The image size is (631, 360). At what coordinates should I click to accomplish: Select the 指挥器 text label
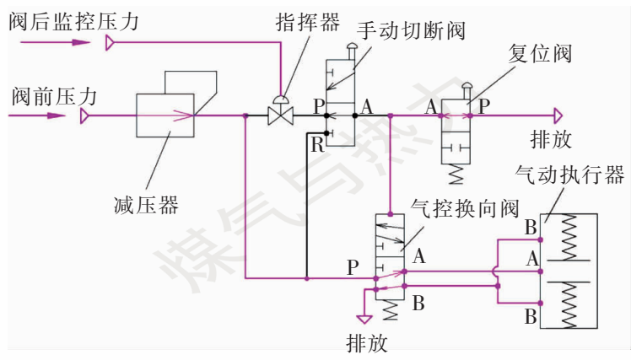click(x=299, y=21)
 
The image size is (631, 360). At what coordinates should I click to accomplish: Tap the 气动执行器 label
click(x=569, y=175)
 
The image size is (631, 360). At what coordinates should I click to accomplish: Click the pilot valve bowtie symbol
click(x=279, y=114)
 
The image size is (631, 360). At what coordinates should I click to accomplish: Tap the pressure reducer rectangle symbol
click(x=165, y=115)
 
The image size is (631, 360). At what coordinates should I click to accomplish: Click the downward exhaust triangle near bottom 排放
click(x=364, y=320)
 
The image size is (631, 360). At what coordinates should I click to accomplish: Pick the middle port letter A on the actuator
click(x=531, y=257)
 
